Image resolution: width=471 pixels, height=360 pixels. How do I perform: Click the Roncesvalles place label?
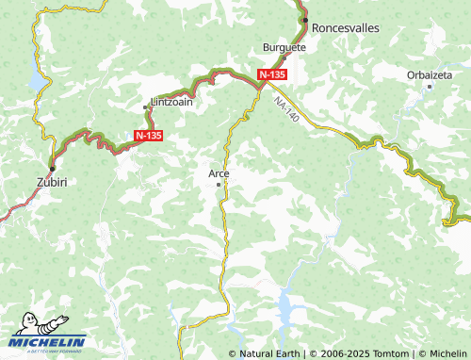coord(345,28)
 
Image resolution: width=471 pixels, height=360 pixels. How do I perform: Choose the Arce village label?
coord(219,172)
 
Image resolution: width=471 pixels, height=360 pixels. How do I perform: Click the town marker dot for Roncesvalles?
coord(304,18)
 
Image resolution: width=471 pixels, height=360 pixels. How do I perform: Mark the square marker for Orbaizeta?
coord(430,86)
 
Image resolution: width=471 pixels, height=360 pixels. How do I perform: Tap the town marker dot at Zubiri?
coord(51,168)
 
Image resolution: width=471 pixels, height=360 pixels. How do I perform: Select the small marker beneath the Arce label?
coord(219,184)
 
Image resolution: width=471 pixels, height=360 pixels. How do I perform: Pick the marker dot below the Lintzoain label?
coord(145,107)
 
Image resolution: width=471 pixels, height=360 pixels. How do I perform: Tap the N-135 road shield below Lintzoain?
coord(148,136)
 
